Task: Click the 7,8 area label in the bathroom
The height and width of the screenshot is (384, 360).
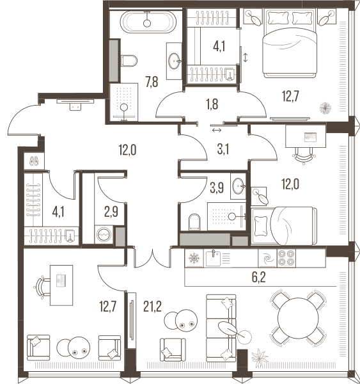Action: point(152,82)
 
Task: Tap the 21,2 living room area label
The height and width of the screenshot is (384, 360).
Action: point(152,307)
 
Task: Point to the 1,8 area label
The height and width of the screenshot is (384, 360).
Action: point(212,104)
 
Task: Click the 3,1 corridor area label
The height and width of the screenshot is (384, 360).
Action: point(223,149)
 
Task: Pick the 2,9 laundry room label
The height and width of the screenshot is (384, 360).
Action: point(111,212)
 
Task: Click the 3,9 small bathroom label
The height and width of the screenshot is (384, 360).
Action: point(217,188)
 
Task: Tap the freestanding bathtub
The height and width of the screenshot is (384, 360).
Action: point(148,22)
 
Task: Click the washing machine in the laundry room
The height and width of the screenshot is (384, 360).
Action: point(104,235)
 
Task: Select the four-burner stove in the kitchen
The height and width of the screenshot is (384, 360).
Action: point(286,258)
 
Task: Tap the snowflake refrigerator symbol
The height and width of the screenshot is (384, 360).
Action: point(194,258)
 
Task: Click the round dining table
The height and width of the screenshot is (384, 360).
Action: point(298,318)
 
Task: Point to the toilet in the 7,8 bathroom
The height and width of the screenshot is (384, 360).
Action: point(129,61)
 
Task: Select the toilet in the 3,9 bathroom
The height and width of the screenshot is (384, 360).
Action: point(194,222)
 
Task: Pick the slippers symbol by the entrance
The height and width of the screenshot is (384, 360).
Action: point(34,161)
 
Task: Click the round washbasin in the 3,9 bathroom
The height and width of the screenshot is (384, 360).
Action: point(239,186)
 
